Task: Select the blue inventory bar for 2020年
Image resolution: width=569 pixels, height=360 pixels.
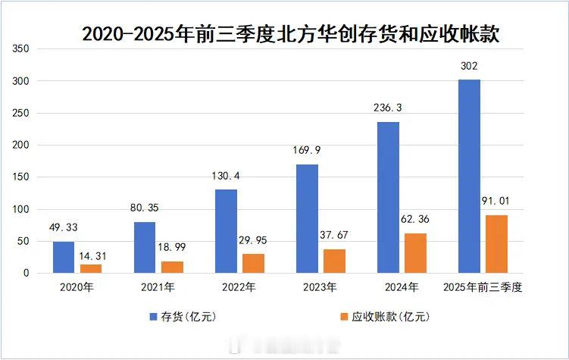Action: [64, 257]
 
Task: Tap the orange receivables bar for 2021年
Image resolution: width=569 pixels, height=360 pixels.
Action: [173, 267]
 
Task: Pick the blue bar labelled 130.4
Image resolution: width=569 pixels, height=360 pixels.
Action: [227, 231]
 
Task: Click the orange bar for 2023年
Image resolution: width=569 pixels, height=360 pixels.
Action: [335, 261]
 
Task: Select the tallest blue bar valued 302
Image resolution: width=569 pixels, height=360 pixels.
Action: [469, 176]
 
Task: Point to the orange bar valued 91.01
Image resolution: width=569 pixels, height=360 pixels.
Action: [496, 244]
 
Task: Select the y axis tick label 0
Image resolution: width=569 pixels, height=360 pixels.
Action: [26, 273]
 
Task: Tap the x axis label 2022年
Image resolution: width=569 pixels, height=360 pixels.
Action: [239, 288]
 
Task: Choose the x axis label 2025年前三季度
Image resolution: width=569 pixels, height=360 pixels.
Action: [483, 288]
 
